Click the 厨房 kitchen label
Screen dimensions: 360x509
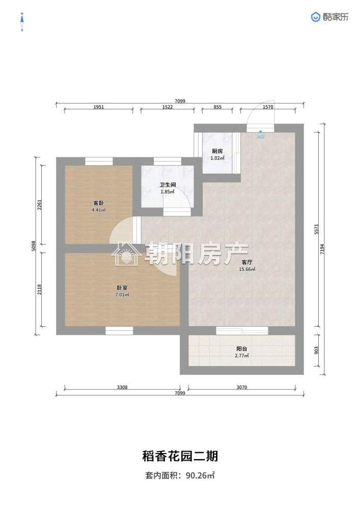[217, 151]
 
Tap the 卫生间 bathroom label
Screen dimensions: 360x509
[168, 185]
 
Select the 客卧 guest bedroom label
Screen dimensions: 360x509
[99, 203]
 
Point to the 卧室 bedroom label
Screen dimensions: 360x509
[122, 288]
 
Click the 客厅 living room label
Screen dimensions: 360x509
[247, 262]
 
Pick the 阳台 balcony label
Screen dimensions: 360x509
[242, 349]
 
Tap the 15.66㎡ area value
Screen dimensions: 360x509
[247, 269]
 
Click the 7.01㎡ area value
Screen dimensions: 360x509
[122, 295]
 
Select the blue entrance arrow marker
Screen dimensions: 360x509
[261, 132]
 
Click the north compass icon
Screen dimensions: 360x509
[22, 22]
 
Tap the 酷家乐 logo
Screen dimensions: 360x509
[330, 17]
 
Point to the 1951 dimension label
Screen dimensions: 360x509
[99, 107]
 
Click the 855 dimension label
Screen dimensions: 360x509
[217, 107]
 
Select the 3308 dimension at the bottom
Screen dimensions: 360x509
[122, 387]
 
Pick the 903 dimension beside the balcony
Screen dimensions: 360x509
[317, 350]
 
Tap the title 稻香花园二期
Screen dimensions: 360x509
[180, 456]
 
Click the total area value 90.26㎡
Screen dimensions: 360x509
[200, 475]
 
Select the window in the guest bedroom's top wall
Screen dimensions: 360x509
[99, 161]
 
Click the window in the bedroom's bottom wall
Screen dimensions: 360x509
[119, 331]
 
